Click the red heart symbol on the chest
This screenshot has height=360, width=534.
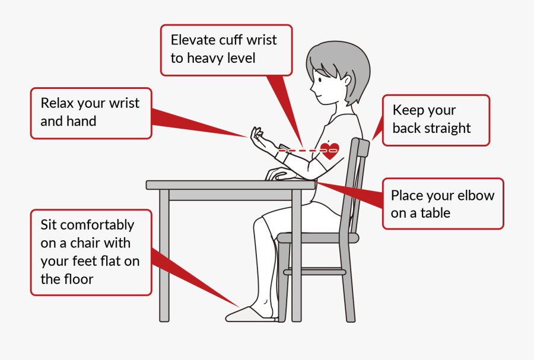pos(330,151)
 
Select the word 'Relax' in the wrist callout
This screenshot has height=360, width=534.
pos(57,103)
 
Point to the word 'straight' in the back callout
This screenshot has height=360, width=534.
pos(449,128)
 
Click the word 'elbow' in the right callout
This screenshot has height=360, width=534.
pos(476,196)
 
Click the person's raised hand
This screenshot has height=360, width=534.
pos(258,137)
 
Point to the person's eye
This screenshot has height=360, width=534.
pos(320,78)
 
